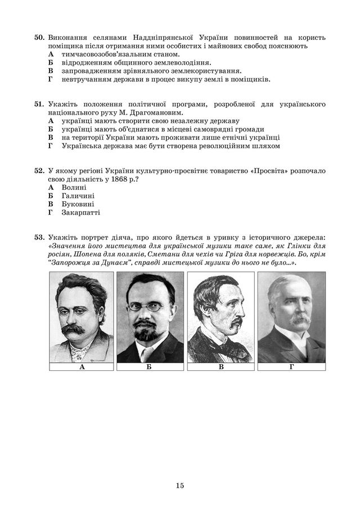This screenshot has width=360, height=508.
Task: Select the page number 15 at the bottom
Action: [x=179, y=486]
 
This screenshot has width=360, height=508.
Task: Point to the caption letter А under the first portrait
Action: [x=82, y=366]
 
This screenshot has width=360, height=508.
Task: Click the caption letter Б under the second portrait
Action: [x=150, y=366]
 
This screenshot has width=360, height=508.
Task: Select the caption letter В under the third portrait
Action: [x=220, y=366]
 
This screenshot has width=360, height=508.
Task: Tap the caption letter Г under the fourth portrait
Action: [x=291, y=366]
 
